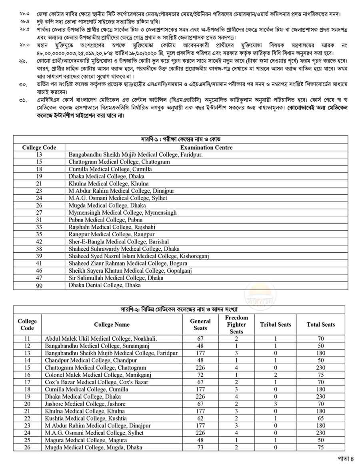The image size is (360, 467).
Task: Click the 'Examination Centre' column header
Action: click(x=206, y=147)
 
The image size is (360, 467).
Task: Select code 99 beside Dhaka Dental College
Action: click(x=39, y=285)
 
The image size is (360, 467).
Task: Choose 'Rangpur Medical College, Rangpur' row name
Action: click(x=111, y=234)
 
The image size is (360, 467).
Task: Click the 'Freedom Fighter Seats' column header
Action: click(x=236, y=324)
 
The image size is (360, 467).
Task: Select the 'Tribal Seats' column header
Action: click(x=276, y=324)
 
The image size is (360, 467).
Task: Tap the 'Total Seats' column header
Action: click(x=321, y=324)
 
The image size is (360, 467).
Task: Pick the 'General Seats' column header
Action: click(x=200, y=324)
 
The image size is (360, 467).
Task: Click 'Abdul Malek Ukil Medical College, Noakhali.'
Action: click(x=101, y=339)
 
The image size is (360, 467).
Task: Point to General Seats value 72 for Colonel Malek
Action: click(x=200, y=375)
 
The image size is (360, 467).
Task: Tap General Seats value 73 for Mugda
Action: click(x=200, y=447)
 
